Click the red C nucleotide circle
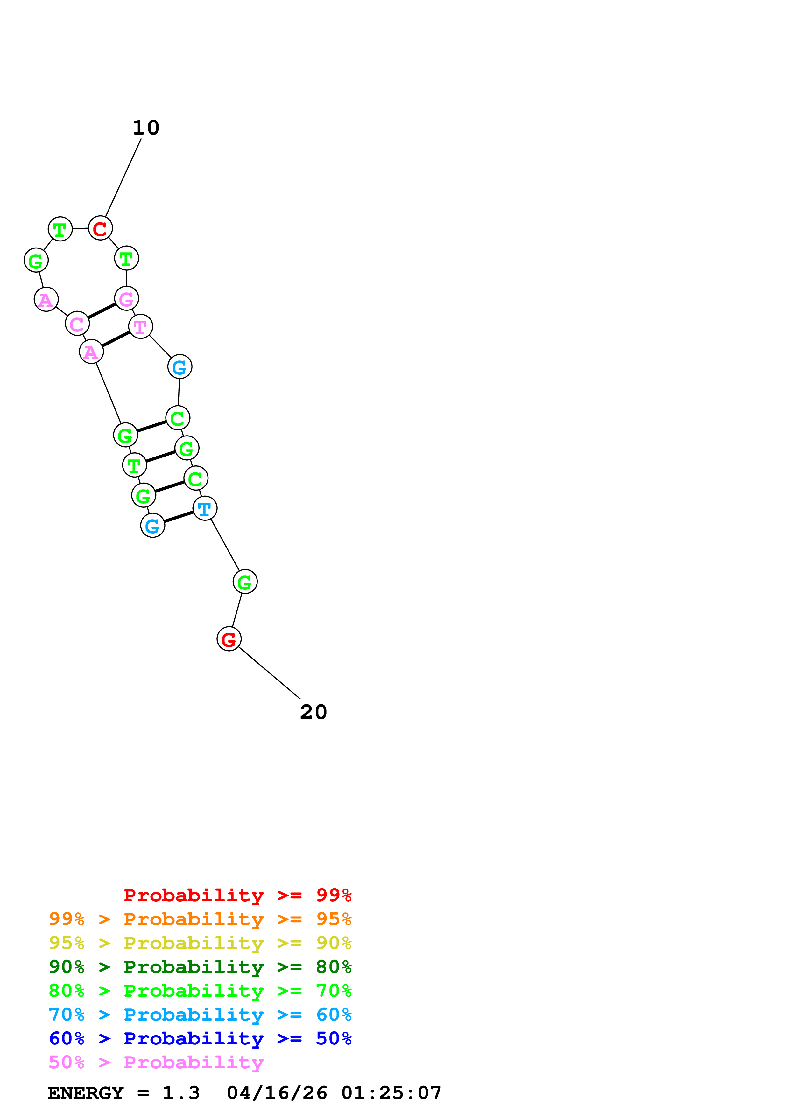click(100, 228)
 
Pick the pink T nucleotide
click(140, 327)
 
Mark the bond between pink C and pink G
click(102, 311)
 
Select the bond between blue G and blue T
click(179, 517)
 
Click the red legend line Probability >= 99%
click(237, 895)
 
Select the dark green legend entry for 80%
click(200, 967)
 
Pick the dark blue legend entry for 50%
click(200, 1038)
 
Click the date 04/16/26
click(277, 1093)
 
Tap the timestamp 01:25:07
click(391, 1093)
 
